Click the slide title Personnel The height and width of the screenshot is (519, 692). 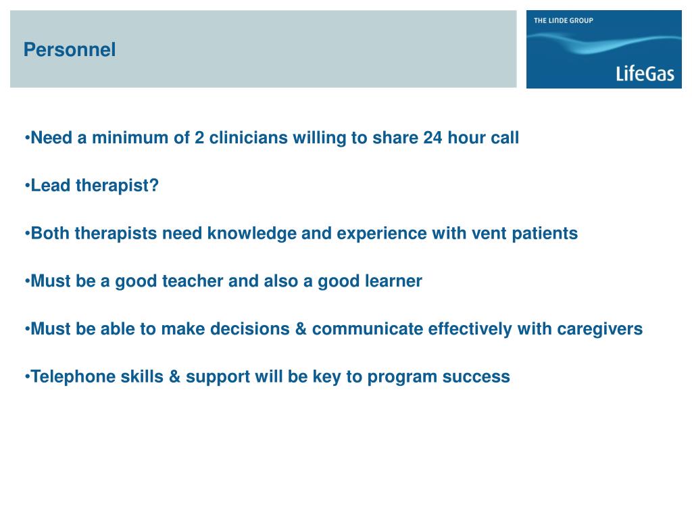tap(70, 49)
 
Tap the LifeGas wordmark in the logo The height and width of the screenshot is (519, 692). tap(645, 73)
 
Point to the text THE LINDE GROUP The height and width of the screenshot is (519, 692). tap(563, 20)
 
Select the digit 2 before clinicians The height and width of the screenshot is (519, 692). tap(199, 138)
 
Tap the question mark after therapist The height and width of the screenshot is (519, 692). tap(154, 185)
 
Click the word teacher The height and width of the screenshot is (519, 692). tap(193, 281)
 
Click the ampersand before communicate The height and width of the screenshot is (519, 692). tap(301, 329)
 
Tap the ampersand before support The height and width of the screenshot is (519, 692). tap(175, 377)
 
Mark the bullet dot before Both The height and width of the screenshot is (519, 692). tap(27, 234)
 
